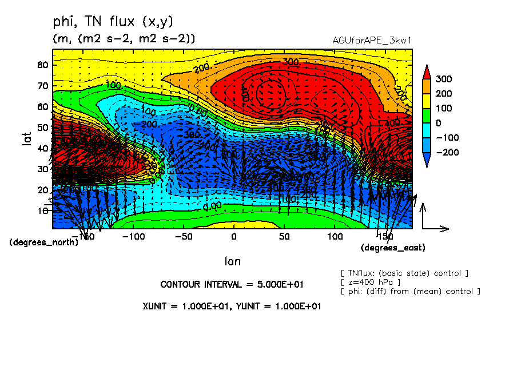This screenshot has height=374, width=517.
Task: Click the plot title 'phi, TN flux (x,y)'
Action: (113, 21)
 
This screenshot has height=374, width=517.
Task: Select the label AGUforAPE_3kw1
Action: (372, 41)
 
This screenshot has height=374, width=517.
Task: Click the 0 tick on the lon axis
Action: (233, 236)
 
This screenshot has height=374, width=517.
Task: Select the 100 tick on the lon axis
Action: (335, 236)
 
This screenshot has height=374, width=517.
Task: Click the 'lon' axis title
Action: (232, 261)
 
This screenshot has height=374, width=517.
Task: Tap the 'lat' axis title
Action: (26, 138)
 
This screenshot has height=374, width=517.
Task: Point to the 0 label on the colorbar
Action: (444, 123)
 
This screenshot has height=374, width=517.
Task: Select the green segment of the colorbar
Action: (426, 116)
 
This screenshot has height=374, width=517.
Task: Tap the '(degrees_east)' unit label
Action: (393, 248)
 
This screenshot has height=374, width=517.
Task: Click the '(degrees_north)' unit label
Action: (43, 242)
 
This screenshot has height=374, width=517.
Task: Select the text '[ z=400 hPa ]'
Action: (369, 282)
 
